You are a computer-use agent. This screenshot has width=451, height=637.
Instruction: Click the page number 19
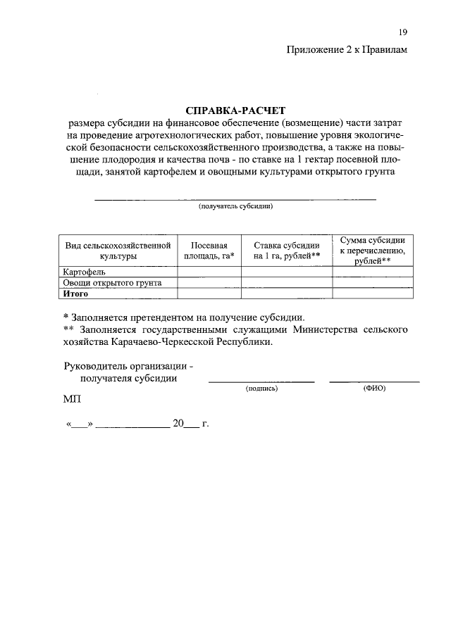coord(402,32)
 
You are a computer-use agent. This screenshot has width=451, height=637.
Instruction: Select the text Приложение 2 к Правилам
coord(347,49)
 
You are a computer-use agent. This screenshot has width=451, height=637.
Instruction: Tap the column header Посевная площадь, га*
coord(209,251)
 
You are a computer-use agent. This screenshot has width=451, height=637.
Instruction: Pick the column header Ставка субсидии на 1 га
coord(287,251)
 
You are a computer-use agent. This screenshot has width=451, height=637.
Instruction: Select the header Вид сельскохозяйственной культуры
coord(118,251)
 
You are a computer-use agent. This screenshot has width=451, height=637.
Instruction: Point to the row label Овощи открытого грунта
coord(113,283)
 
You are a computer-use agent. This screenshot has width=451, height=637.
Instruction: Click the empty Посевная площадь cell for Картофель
coord(209,272)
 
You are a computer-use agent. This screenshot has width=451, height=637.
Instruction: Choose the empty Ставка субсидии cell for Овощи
coord(287,283)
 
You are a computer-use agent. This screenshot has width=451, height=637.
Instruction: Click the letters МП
coord(72,400)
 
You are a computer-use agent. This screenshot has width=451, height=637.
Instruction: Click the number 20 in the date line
coord(178,424)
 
